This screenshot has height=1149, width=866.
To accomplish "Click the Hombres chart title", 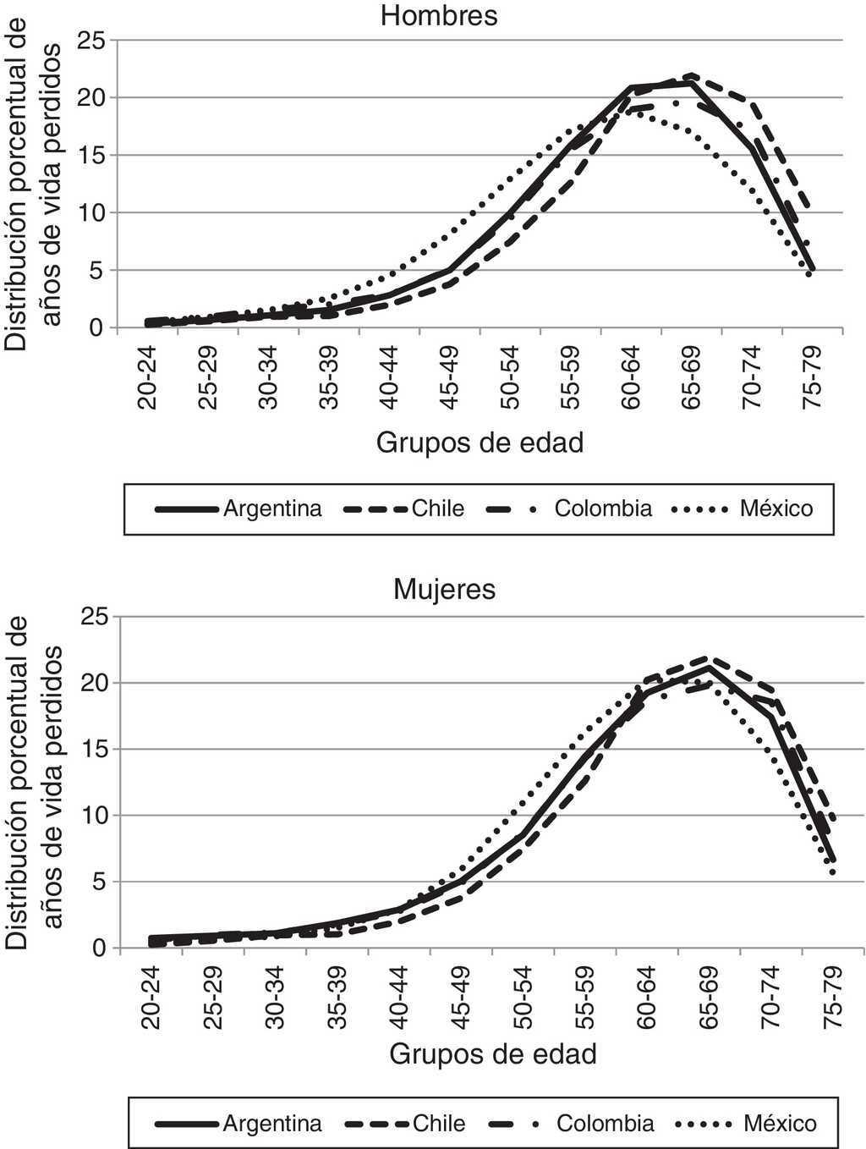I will (438, 16).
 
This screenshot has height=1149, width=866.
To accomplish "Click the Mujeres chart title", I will (445, 589).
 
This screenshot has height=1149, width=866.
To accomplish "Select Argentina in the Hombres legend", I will (271, 509).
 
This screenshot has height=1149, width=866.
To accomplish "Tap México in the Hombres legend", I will (776, 509).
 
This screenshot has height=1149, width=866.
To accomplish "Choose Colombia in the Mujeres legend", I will (605, 1123).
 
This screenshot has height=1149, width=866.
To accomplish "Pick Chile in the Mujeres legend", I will (439, 1123).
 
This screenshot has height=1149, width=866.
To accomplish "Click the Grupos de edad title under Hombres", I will (480, 441).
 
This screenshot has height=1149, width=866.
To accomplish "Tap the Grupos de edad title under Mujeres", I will (493, 1054).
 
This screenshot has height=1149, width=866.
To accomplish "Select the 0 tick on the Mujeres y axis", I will (101, 948).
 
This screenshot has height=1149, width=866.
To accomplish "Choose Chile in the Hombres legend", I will (438, 509).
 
